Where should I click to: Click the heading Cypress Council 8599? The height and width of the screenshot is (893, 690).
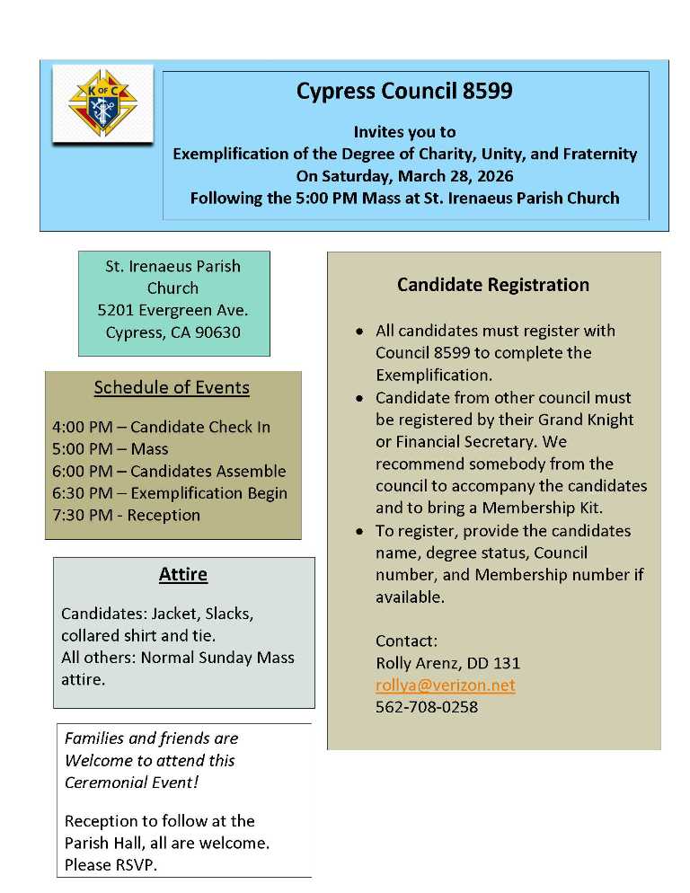[404, 91]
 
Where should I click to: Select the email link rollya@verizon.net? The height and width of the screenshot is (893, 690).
[446, 685]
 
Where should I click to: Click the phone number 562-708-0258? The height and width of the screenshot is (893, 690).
[427, 707]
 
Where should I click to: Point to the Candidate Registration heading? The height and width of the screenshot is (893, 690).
[493, 285]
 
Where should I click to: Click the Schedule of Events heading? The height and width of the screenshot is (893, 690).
[172, 388]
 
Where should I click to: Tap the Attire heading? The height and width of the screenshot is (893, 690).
[183, 574]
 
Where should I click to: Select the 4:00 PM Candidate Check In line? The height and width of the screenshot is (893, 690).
[162, 427]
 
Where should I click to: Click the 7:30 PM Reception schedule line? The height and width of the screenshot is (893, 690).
[127, 515]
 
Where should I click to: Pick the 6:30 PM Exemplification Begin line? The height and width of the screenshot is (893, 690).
[170, 493]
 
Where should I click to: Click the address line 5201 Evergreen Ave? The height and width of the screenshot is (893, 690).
[172, 310]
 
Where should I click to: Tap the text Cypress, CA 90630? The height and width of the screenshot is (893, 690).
[172, 332]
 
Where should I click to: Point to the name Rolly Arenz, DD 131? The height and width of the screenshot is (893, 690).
[447, 663]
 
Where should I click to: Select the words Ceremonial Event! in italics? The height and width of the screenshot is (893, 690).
[131, 782]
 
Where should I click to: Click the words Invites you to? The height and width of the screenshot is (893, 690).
[404, 132]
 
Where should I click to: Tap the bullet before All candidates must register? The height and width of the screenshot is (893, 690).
[359, 332]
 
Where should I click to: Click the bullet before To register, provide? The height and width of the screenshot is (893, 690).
[359, 532]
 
